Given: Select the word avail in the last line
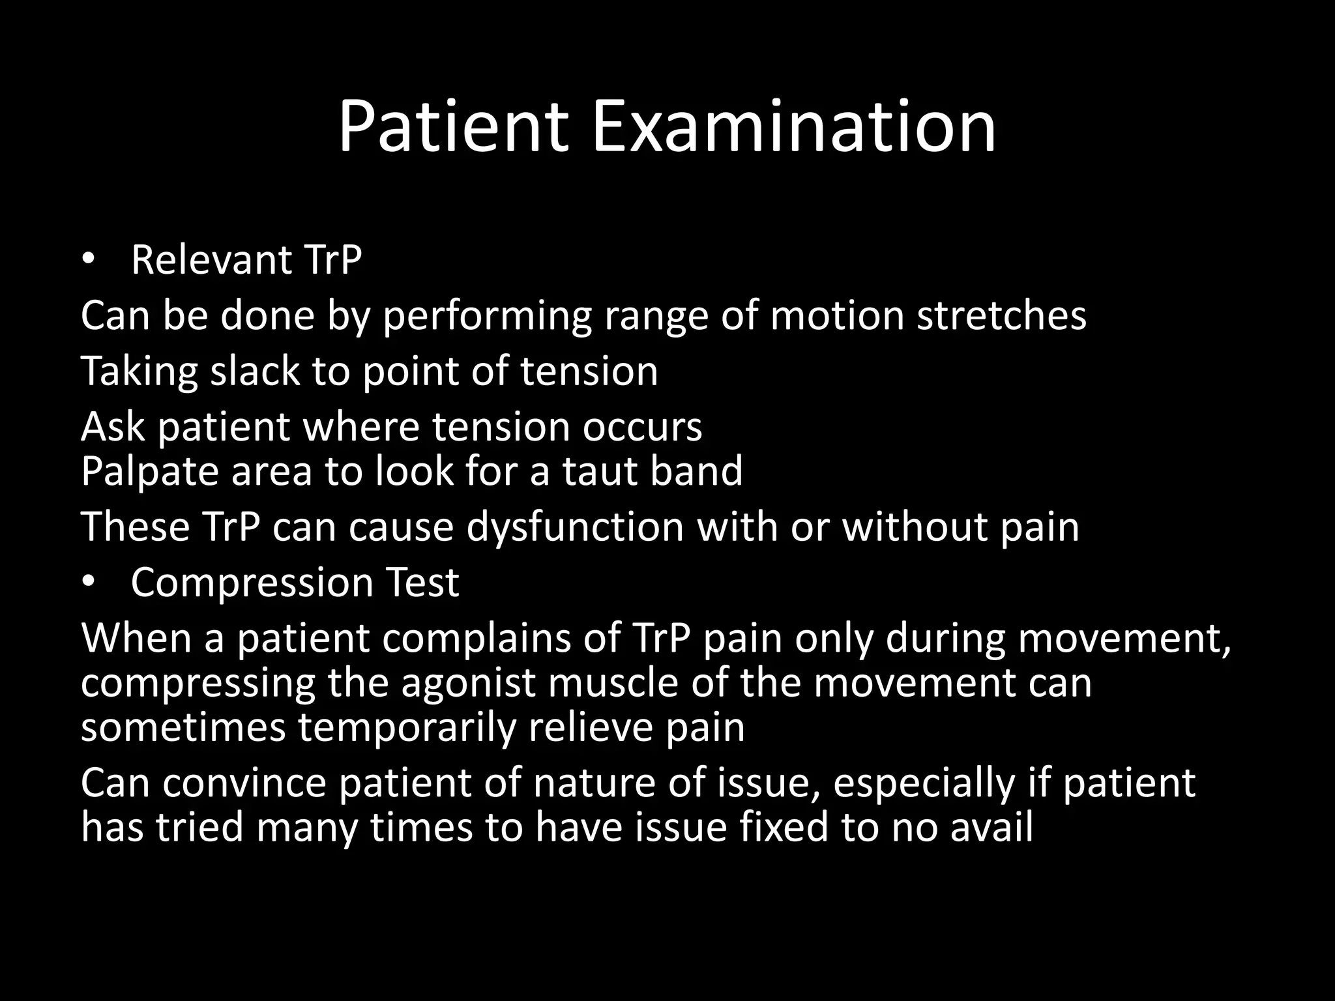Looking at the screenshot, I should pos(991,828).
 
